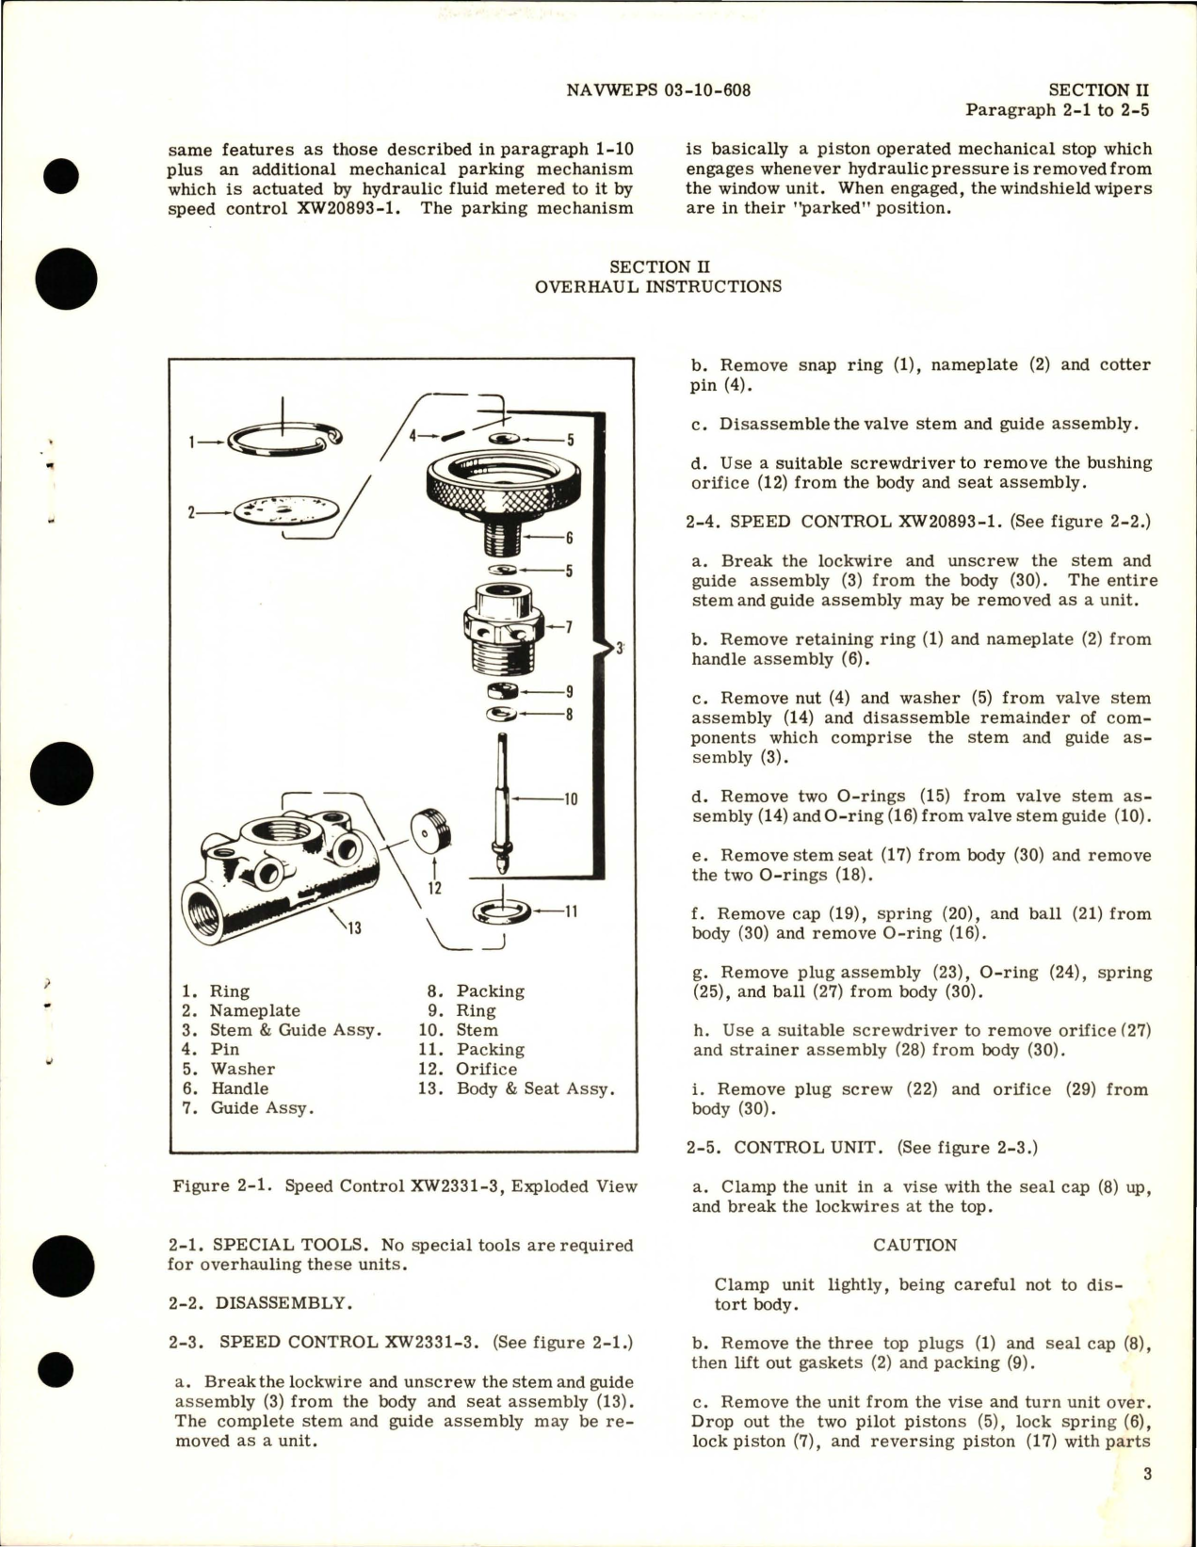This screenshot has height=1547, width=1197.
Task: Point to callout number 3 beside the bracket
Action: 620,648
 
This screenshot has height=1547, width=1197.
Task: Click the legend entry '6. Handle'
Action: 226,1088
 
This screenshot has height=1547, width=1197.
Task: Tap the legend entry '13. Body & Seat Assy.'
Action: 517,1088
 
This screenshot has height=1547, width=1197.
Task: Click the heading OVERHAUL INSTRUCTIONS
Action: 657,286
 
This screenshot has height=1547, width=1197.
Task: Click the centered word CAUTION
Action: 914,1245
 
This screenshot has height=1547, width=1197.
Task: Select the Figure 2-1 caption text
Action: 405,1186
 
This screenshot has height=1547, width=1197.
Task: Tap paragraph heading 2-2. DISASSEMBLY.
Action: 257,1303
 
